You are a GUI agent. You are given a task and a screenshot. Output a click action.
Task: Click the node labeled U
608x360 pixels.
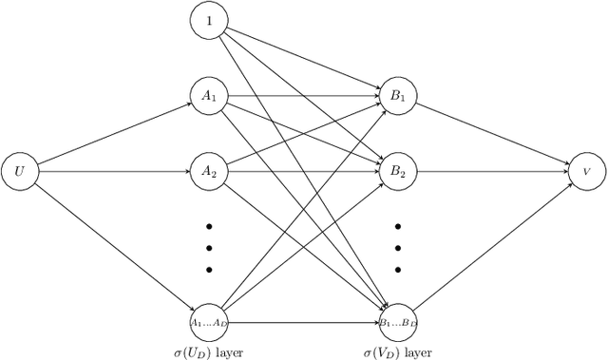click(20, 172)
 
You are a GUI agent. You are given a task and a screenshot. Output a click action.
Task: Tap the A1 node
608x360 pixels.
click(209, 96)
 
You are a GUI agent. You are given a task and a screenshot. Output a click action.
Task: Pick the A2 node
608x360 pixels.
click(209, 172)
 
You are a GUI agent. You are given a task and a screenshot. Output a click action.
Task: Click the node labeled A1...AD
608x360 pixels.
click(209, 323)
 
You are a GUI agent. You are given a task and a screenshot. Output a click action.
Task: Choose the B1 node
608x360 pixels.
click(398, 96)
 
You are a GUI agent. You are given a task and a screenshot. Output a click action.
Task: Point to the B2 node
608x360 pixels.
click(398, 172)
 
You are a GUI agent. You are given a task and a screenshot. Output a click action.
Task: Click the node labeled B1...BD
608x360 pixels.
click(398, 323)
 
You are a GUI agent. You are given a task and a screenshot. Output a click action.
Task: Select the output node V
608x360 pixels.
click(587, 172)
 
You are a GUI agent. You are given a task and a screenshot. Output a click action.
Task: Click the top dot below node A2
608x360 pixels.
click(209, 227)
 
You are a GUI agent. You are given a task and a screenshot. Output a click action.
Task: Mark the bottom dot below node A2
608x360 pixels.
click(209, 269)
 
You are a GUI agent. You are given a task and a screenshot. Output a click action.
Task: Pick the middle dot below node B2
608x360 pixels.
click(398, 248)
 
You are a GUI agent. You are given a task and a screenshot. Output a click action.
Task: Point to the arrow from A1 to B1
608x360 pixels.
click(304, 96)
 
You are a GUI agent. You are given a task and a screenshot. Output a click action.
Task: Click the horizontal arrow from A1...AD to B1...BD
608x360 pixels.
click(304, 323)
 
